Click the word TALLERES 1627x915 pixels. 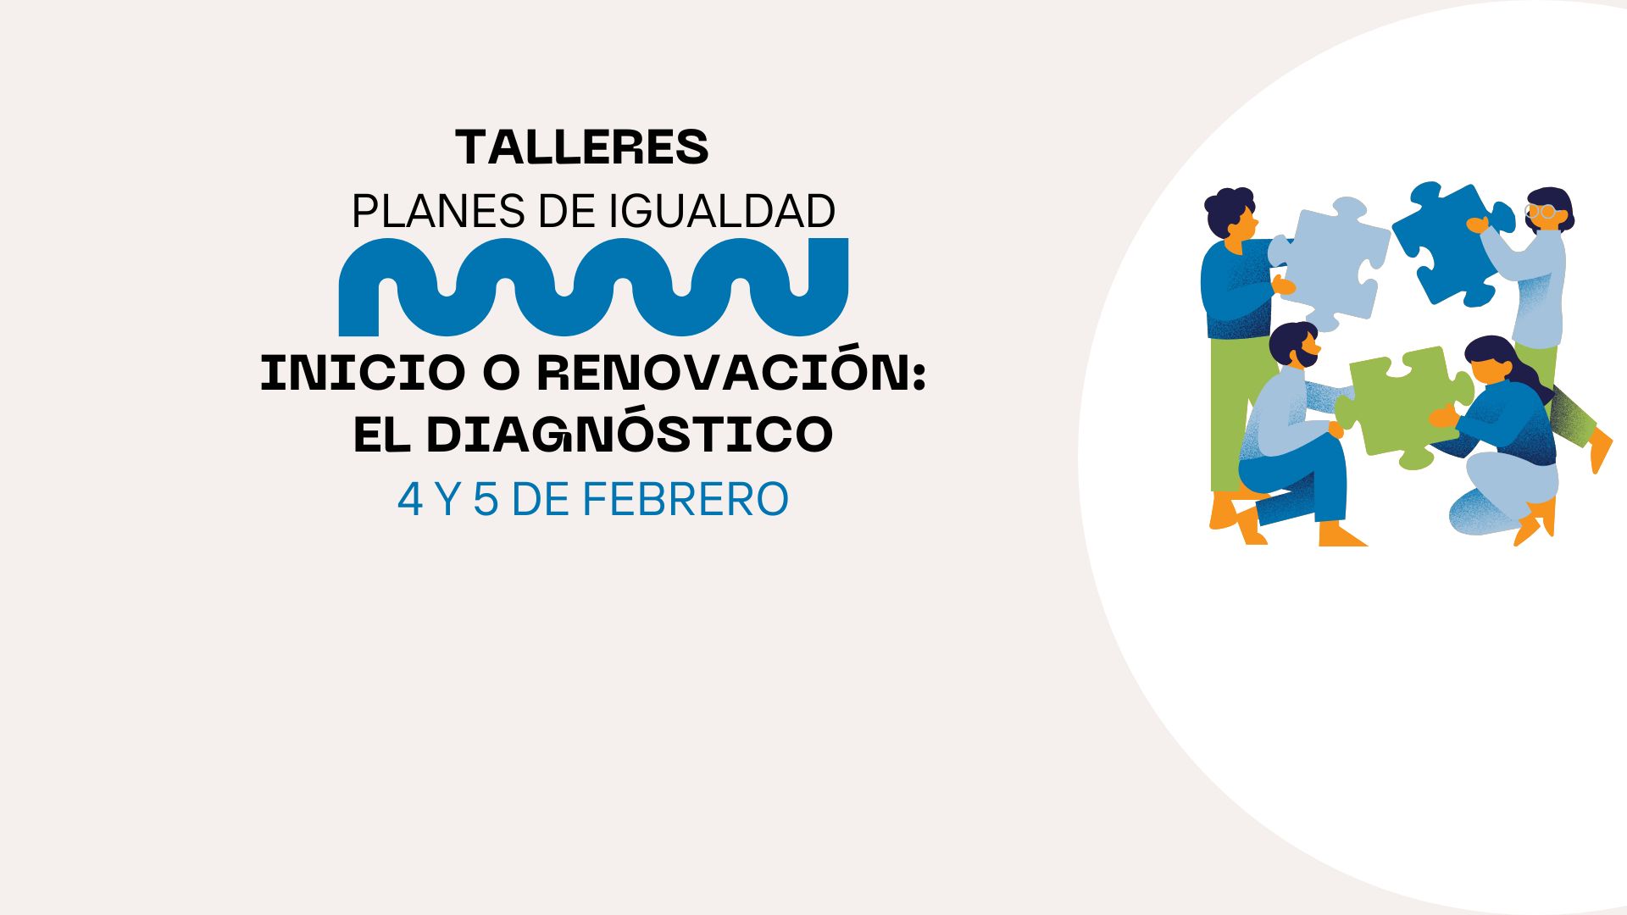[x=582, y=148]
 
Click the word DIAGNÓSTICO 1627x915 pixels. [x=630, y=434]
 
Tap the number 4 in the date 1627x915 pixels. [x=409, y=500]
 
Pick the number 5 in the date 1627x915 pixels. [x=485, y=500]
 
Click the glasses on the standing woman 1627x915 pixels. [x=1541, y=212]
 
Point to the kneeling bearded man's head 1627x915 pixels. [x=1295, y=345]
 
